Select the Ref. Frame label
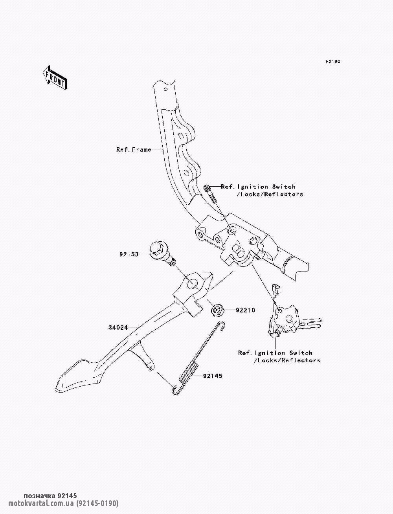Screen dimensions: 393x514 134,149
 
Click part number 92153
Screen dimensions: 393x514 129,254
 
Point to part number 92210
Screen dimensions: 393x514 245,310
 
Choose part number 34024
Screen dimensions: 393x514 118,327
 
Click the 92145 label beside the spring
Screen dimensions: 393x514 213,376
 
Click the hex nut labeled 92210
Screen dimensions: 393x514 218,311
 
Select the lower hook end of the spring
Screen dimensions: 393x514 176,390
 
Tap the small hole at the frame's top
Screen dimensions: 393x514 165,89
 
